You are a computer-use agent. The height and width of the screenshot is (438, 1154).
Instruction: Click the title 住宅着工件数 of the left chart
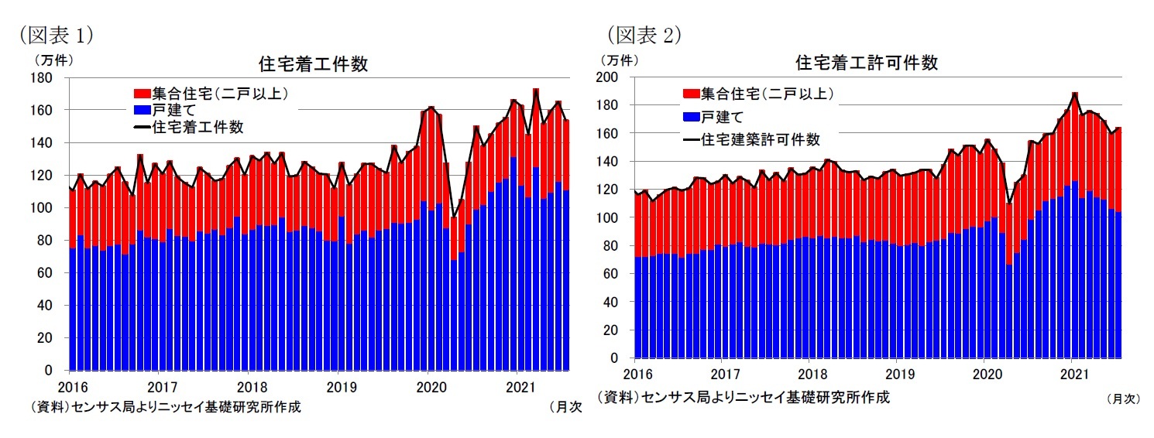[x=313, y=64]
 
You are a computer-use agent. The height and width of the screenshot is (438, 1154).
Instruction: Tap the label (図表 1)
[x=51, y=35]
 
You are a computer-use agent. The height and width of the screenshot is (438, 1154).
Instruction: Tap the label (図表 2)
[x=642, y=35]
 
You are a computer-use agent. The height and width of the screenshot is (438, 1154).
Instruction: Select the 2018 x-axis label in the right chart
[x=809, y=375]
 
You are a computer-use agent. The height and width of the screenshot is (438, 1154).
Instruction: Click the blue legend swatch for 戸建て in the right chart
[x=690, y=117]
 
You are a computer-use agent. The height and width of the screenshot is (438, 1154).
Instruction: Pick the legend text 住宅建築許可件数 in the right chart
[x=760, y=139]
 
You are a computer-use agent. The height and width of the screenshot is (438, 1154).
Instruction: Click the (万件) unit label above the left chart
[x=50, y=58]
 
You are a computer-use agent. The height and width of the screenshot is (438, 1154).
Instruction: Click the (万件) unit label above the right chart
[x=619, y=59]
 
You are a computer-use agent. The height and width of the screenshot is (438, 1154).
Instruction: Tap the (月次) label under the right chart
[x=1123, y=399]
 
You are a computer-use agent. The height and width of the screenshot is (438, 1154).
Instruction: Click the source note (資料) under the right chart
[x=744, y=397]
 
